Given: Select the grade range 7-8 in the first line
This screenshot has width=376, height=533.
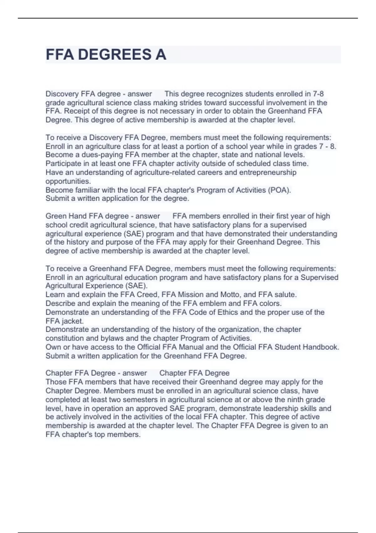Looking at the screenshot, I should pos(318,94).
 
